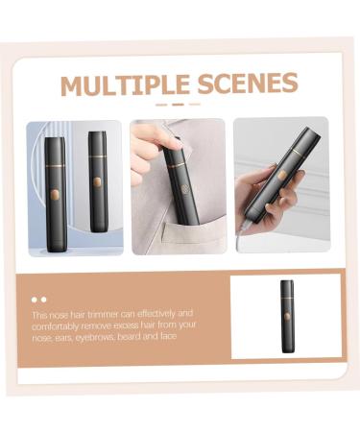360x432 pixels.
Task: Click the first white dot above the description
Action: click(34, 300)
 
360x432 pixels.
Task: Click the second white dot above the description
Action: click(43, 300)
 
